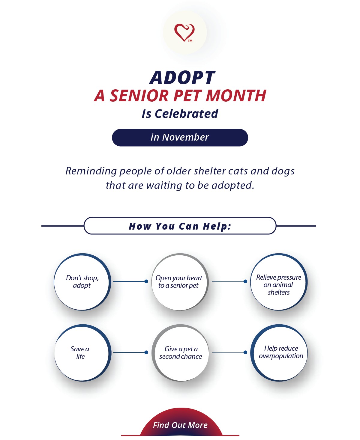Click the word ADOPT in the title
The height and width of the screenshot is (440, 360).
coord(182,78)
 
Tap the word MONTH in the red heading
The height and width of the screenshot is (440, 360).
coord(236,96)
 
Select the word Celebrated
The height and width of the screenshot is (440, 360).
coord(186,114)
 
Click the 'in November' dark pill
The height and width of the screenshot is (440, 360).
coord(180,138)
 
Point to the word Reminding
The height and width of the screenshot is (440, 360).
coord(91,171)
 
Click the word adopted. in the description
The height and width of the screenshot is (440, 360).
coord(233,185)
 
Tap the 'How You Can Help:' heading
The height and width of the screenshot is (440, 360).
coord(180,226)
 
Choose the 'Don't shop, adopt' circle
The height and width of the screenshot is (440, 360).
coord(82,282)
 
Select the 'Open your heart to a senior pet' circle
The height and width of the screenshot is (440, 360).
coord(180,282)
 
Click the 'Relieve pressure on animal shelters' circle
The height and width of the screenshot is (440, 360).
coord(279,282)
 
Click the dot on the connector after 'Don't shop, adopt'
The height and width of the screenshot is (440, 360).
coord(146,281)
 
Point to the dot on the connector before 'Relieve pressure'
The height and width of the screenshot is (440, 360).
coord(245,281)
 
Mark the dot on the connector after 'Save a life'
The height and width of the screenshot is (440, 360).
coord(146,352)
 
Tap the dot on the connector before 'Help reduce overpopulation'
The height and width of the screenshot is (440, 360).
coord(245,352)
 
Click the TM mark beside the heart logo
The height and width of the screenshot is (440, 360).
coord(190,41)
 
